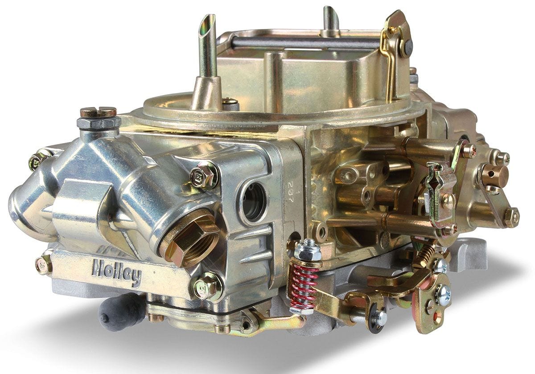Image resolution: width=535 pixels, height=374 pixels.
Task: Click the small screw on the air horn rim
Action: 230,102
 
